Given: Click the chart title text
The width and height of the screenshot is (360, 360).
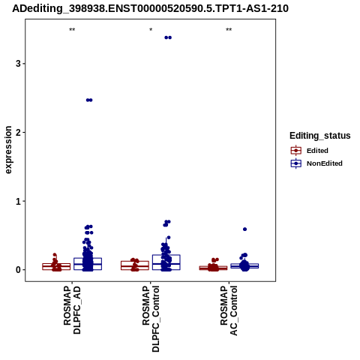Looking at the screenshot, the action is pos(150,8).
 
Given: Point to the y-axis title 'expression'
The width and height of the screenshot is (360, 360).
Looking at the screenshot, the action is pos(8,150).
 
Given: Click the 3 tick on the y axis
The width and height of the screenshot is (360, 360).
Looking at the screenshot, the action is pos(18,64).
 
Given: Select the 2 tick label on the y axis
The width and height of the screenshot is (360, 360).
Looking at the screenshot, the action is pos(18,132).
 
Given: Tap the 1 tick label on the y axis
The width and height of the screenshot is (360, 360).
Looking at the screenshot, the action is pos(18,201).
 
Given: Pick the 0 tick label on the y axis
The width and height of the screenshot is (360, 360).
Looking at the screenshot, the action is pos(18,270).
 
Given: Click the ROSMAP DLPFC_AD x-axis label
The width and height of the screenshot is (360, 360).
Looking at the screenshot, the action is pos(72,310).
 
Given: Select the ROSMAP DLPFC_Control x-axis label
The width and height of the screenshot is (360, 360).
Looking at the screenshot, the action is pos(151,319).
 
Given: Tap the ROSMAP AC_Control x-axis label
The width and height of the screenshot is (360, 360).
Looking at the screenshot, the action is pos(229,310).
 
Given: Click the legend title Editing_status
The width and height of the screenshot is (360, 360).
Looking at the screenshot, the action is pos(320,136).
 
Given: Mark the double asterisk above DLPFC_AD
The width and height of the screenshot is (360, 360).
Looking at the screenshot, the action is pos(72,30).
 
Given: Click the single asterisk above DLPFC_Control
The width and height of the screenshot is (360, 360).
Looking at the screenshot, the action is pos(151,30).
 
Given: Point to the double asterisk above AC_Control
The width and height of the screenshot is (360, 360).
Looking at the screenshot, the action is pos(229,30).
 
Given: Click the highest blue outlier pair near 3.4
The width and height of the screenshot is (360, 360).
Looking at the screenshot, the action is pos(168,37).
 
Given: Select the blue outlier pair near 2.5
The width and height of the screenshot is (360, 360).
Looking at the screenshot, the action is pos(89,100).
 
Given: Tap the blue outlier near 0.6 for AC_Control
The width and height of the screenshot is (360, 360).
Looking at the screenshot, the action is pos(244,229).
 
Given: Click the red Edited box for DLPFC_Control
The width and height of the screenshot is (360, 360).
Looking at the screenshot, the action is pos(135,265).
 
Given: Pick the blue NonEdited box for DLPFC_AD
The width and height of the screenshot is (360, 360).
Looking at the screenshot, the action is pos(88,264).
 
